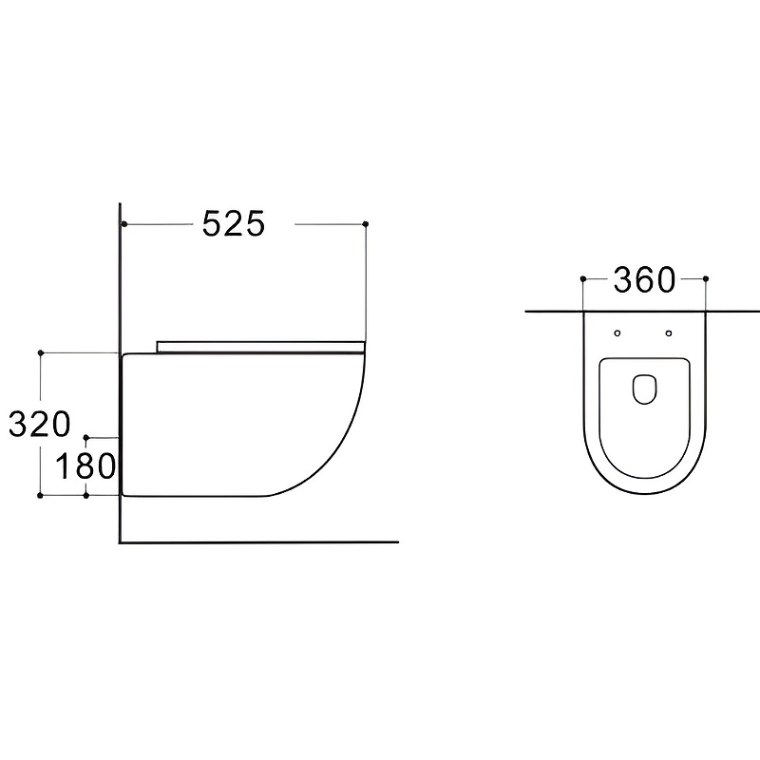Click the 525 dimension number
[x=234, y=224]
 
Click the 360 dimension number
[x=644, y=279]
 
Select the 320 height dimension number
[x=40, y=424]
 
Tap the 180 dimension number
[x=85, y=466]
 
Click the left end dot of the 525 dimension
[x=124, y=224]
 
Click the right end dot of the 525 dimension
[x=366, y=224]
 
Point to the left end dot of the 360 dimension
[x=583, y=278]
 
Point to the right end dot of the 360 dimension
[x=706, y=278]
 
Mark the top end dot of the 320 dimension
[x=41, y=352]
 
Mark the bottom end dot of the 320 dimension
[x=40, y=495]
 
